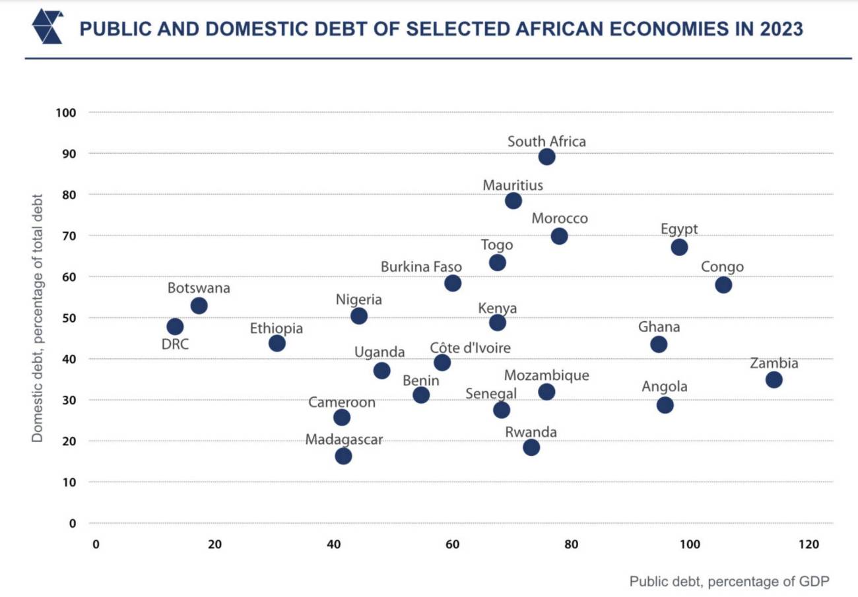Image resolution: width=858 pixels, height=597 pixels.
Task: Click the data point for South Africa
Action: pyautogui.click(x=546, y=157)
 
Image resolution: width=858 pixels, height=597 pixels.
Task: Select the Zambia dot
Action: pyautogui.click(x=774, y=380)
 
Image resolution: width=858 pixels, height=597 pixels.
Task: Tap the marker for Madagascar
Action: pyautogui.click(x=343, y=456)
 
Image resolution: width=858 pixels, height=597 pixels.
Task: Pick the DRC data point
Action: pyautogui.click(x=175, y=327)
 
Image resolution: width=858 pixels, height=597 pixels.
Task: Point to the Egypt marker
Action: pyautogui.click(x=679, y=247)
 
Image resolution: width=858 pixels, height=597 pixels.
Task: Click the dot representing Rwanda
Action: pyautogui.click(x=531, y=447)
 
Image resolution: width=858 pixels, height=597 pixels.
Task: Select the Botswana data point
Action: pyautogui.click(x=199, y=306)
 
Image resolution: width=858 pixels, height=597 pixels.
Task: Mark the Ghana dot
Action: pyautogui.click(x=658, y=344)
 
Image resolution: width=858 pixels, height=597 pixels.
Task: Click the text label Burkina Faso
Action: pyautogui.click(x=421, y=267)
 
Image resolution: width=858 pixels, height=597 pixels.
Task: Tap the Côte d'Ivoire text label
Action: pyautogui.click(x=470, y=348)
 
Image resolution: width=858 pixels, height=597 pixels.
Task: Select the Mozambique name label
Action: pyautogui.click(x=546, y=375)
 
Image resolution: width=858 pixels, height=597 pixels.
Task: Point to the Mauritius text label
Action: pyautogui.click(x=513, y=185)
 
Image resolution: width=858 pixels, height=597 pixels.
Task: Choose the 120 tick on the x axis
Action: pyautogui.click(x=808, y=545)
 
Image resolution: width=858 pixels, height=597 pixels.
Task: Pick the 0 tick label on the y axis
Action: pyautogui.click(x=73, y=524)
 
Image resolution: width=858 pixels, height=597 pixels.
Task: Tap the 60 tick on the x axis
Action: pyautogui.click(x=452, y=545)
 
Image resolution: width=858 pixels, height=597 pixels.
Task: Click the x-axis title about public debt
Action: pyautogui.click(x=729, y=582)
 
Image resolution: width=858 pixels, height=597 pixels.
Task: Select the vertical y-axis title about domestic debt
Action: pyautogui.click(x=38, y=318)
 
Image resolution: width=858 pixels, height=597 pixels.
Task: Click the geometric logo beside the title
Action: pyautogui.click(x=48, y=27)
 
